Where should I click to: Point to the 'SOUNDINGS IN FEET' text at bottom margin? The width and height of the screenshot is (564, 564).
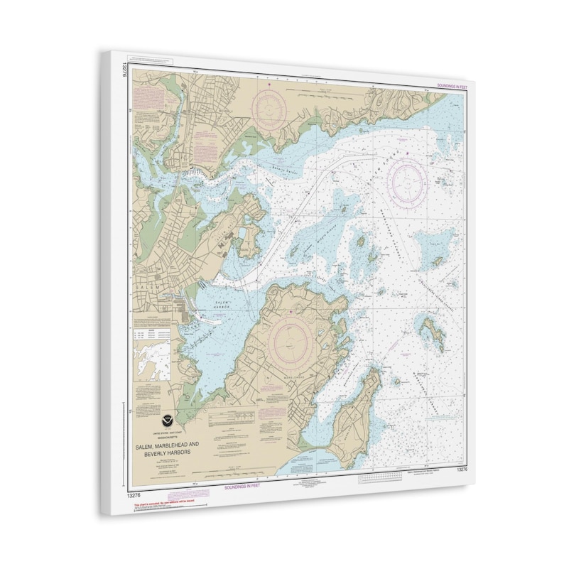pos(244,488)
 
